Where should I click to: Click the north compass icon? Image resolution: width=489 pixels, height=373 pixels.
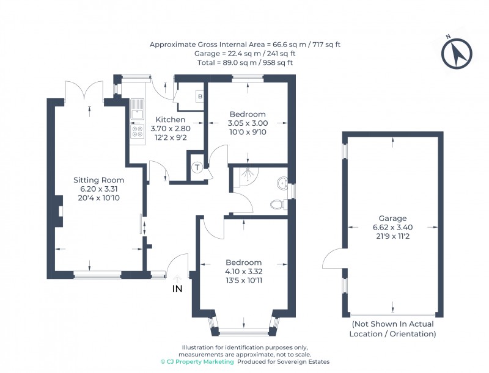click(456, 54)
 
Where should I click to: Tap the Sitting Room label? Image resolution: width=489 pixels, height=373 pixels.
click(98, 180)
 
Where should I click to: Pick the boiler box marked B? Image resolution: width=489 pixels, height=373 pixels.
click(199, 96)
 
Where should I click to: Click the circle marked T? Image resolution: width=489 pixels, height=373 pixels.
click(197, 168)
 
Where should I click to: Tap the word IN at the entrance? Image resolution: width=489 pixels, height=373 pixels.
click(177, 288)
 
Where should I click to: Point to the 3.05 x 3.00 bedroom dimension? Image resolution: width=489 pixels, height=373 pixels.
click(248, 123)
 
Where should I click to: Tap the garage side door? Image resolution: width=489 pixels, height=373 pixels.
click(333, 259)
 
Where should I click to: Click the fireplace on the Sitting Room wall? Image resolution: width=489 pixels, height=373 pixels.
click(60, 211)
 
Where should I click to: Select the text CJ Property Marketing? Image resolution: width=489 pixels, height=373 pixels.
click(197, 362)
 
